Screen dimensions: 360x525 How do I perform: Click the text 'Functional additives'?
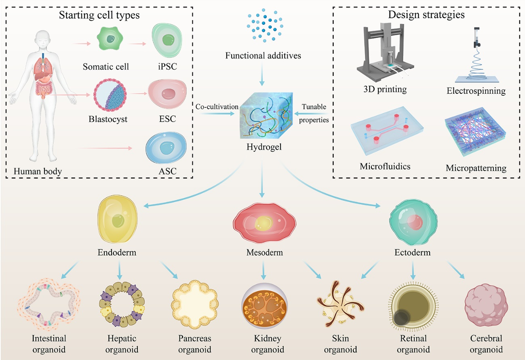[263, 56]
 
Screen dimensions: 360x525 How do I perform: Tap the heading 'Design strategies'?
[426, 15]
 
